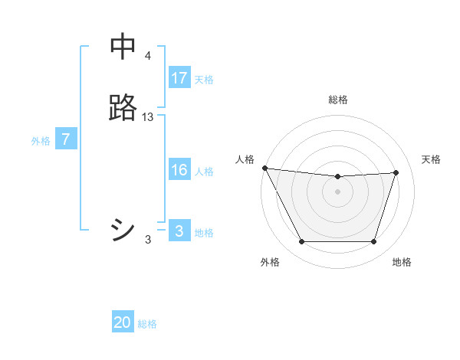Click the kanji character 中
[123, 48]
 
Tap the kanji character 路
[123, 108]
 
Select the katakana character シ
[123, 230]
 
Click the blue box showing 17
[179, 78]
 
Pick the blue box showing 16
[179, 170]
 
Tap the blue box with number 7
[66, 139]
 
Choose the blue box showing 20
[123, 323]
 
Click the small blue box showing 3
[179, 231]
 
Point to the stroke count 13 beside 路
[148, 116]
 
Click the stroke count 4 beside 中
[148, 56]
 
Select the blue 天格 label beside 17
[204, 80]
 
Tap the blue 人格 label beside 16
[204, 172]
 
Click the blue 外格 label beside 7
[41, 141]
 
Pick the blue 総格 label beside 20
[147, 325]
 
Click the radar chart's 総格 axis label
[338, 100]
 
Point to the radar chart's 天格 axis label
[432, 159]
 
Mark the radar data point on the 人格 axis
[264, 168]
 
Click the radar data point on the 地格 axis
[373, 242]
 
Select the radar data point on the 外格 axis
[301, 242]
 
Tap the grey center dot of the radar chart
[337, 191]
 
